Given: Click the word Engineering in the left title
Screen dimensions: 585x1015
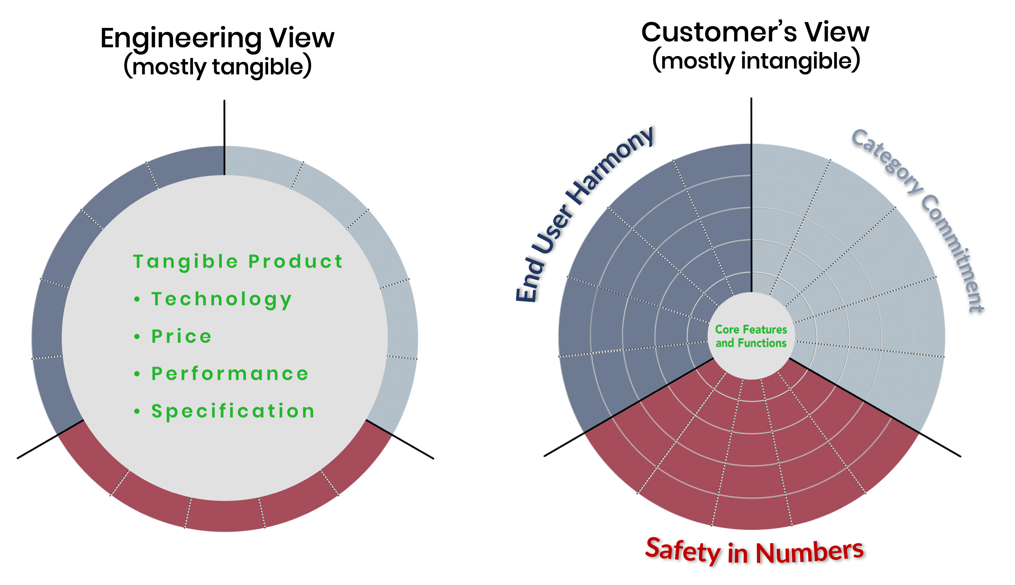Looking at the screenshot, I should pyautogui.click(x=181, y=39).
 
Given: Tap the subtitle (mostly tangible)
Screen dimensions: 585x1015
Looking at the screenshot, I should pyautogui.click(x=217, y=66).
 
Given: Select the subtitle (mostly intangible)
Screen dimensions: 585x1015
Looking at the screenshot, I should pyautogui.click(x=756, y=61).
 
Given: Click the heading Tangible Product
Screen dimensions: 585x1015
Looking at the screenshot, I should pyautogui.click(x=238, y=262).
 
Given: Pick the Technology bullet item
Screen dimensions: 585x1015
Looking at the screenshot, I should pyautogui.click(x=221, y=299).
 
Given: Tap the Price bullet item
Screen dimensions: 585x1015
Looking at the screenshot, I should pyautogui.click(x=181, y=336).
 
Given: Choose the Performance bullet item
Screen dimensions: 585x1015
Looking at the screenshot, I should pyautogui.click(x=230, y=374).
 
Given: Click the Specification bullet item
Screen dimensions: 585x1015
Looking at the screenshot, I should pyautogui.click(x=233, y=411).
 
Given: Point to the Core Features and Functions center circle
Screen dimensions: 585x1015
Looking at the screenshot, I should pyautogui.click(x=751, y=336).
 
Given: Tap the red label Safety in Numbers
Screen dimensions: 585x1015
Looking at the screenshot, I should pyautogui.click(x=754, y=551).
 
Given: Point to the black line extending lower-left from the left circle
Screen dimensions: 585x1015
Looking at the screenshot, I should pyautogui.click(x=38, y=446).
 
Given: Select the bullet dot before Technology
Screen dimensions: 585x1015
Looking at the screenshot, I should pyautogui.click(x=137, y=299).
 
